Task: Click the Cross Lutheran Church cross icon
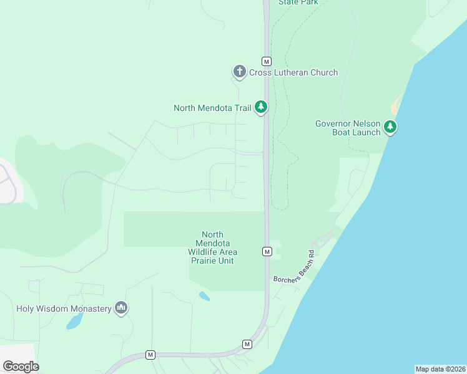(239, 72)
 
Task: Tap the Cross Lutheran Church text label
(293, 72)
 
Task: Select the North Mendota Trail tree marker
(261, 107)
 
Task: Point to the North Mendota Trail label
(212, 108)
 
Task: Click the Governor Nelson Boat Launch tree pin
(390, 127)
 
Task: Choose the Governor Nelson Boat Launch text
(348, 128)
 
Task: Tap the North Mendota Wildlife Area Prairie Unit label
(212, 247)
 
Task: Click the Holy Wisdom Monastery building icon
(121, 308)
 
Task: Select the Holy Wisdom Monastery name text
(64, 308)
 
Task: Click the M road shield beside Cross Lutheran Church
(267, 61)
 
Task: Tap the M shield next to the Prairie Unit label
(267, 251)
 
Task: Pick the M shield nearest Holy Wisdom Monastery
(150, 355)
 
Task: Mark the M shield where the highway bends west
(247, 344)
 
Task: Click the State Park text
(298, 2)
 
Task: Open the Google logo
(21, 367)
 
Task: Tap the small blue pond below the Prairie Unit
(204, 296)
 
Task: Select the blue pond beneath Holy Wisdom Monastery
(74, 322)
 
